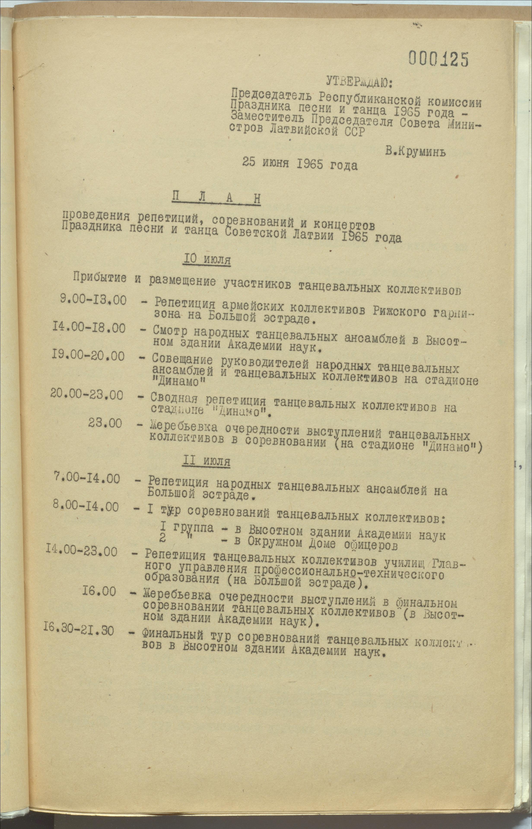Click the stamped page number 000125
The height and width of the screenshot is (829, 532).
click(x=438, y=59)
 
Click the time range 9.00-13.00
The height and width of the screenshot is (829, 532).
click(x=94, y=300)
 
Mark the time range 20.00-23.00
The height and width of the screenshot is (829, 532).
click(x=87, y=394)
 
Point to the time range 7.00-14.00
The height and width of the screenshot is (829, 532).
click(x=87, y=479)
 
